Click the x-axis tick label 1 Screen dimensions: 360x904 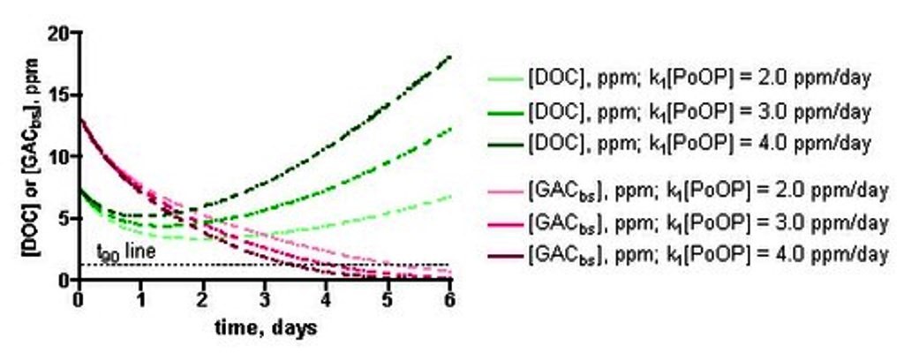click(x=141, y=297)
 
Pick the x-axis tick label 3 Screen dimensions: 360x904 click(x=265, y=297)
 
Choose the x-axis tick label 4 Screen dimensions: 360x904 click(x=327, y=297)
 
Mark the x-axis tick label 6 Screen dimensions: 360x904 click(x=450, y=297)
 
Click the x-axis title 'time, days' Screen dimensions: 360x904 click(x=264, y=327)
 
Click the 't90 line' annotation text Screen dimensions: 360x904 click(x=127, y=252)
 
